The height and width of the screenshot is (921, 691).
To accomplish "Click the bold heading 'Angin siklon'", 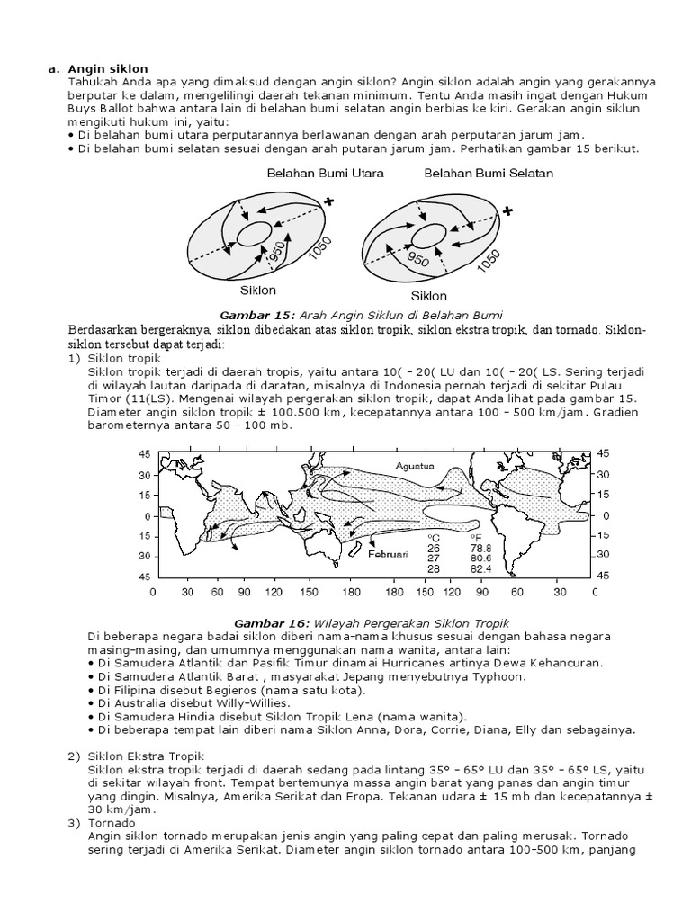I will (x=109, y=68).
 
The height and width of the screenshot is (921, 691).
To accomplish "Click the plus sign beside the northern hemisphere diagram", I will (x=328, y=202).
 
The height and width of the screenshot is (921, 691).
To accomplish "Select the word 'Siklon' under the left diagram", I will (x=257, y=291).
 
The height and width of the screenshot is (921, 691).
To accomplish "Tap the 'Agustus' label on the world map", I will (x=414, y=466).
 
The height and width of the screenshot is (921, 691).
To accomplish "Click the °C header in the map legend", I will (x=433, y=536).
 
